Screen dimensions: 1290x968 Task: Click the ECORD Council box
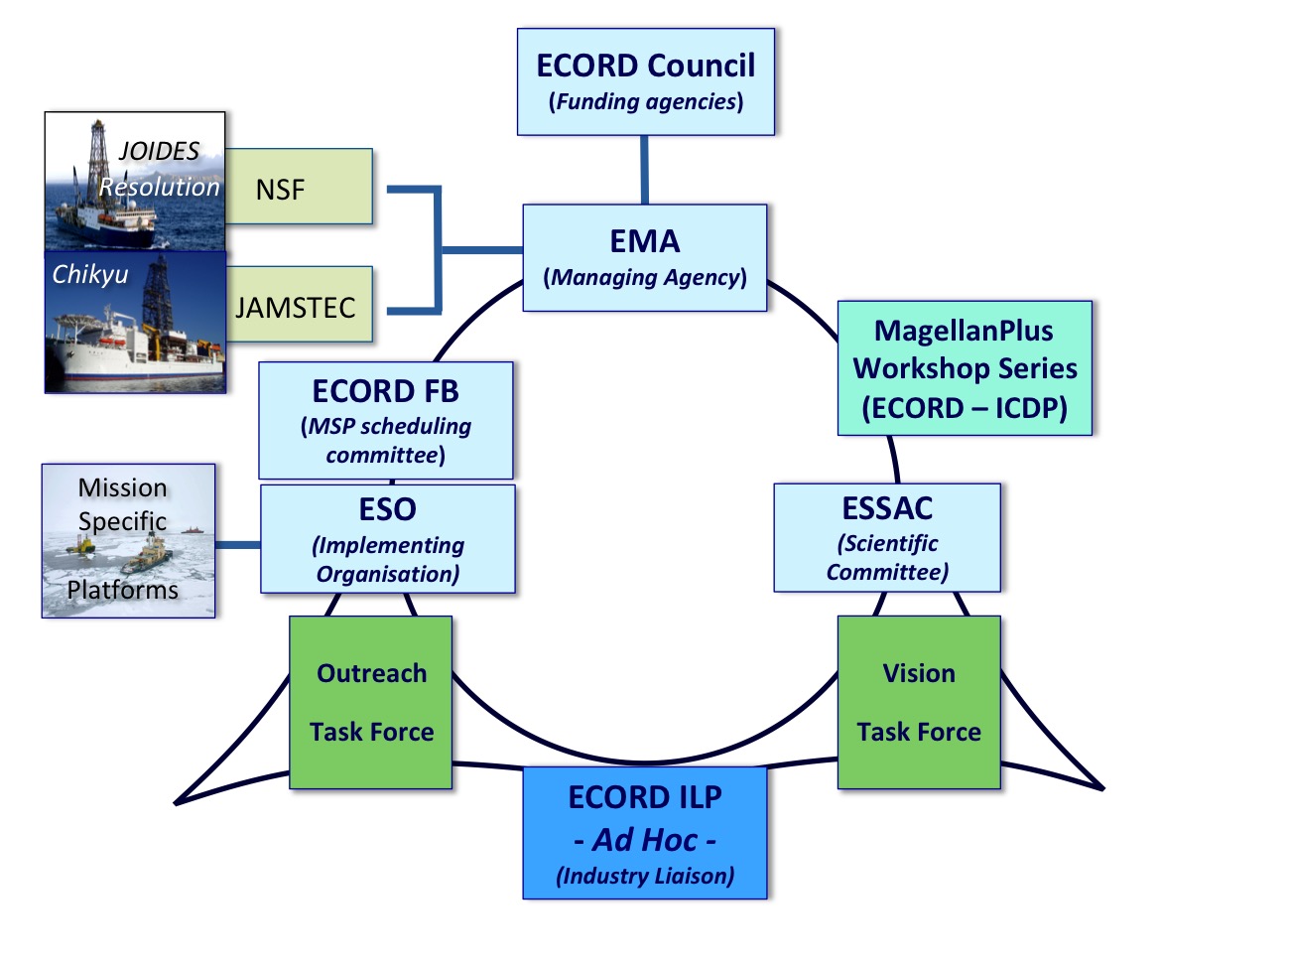[646, 81]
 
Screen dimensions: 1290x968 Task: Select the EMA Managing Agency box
[645, 257]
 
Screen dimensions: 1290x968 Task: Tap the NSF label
[281, 190]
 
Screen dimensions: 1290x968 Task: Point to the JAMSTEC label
[295, 308]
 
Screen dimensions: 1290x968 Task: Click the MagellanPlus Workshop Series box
[965, 368]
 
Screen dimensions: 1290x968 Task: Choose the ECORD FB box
[386, 420]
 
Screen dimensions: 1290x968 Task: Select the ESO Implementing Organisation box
[388, 538]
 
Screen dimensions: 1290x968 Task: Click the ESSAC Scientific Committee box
[887, 537]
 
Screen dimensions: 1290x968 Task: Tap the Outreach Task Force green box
[371, 702]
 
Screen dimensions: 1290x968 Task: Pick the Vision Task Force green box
[919, 702]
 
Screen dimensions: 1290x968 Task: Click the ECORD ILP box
[645, 833]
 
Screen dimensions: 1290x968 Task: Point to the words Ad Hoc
[645, 839]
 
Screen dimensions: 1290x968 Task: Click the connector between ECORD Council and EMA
[645, 170]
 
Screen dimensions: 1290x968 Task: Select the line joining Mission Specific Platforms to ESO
[238, 545]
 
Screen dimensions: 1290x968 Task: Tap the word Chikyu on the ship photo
[90, 274]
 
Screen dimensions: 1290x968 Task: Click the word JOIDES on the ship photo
[160, 151]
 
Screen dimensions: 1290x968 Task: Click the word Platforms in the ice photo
[122, 590]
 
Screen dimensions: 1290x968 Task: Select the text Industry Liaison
[645, 876]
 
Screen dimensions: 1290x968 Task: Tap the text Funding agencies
[646, 101]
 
